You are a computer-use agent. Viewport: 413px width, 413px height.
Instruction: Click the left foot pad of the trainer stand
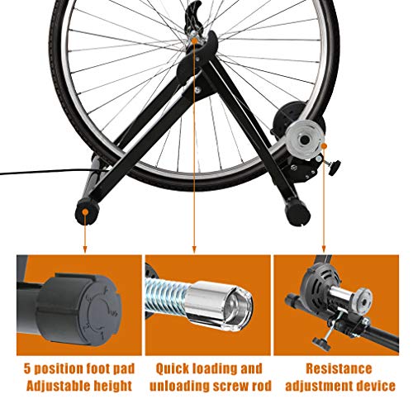pos(84,212)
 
